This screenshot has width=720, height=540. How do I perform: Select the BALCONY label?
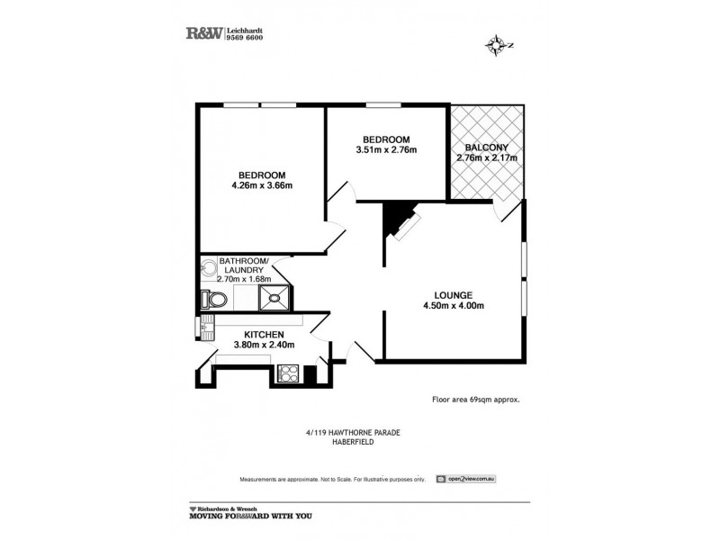click(x=487, y=148)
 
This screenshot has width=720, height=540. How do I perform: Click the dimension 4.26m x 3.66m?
click(x=262, y=186)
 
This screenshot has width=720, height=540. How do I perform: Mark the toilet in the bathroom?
click(x=215, y=299)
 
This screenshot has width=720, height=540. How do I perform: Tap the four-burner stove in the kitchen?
click(x=290, y=370)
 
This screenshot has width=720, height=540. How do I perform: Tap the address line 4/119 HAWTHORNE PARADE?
click(x=352, y=432)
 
